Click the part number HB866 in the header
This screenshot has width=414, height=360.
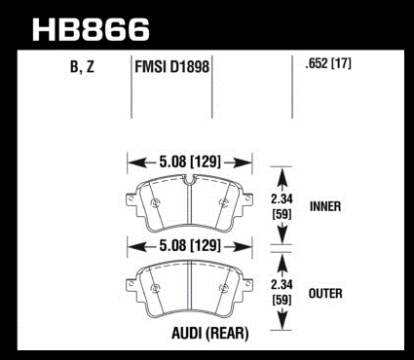91,29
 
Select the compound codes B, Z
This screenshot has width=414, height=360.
82,67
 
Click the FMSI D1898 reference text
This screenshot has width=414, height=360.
171,67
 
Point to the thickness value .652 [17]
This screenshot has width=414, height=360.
328,64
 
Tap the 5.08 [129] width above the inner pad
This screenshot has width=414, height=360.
190,162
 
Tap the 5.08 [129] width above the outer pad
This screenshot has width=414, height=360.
190,246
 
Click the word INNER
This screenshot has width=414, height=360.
325,206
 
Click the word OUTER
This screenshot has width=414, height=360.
325,294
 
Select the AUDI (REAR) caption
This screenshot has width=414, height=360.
210,333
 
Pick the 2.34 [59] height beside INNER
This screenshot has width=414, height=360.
282,206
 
